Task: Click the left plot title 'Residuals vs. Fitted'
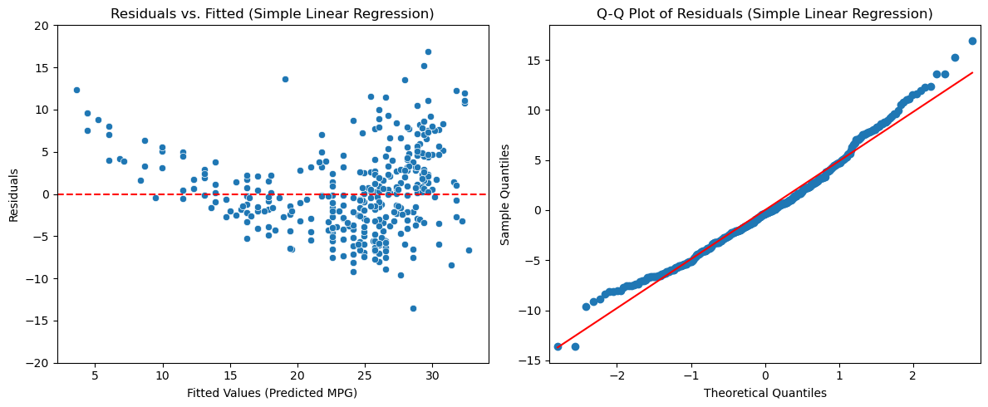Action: (x=273, y=14)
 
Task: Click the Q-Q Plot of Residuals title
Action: (x=764, y=14)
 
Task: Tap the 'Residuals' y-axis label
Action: (x=13, y=194)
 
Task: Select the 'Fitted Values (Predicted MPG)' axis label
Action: (x=273, y=393)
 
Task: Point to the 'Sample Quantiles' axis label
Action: (x=505, y=194)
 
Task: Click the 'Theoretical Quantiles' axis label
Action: (x=764, y=393)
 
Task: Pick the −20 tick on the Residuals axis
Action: (x=40, y=363)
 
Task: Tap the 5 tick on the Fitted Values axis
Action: (x=95, y=375)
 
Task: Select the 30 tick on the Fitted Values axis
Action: (x=432, y=375)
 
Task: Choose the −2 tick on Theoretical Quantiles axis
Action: (x=616, y=375)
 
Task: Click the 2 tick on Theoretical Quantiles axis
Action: (x=913, y=375)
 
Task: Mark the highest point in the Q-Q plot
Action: (x=972, y=41)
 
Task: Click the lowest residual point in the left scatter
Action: (x=413, y=308)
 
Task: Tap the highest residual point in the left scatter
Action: (x=428, y=51)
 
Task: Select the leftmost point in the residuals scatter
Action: (x=76, y=90)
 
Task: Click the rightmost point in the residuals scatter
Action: (x=469, y=250)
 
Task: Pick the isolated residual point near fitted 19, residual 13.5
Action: (x=285, y=80)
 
